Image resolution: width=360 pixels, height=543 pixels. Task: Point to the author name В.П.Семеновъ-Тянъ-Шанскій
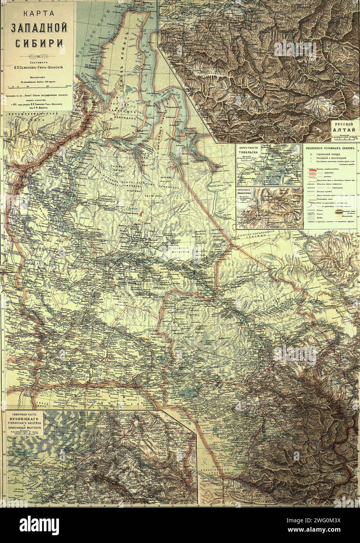point(39,67)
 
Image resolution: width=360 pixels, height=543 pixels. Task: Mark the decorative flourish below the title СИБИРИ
point(39,53)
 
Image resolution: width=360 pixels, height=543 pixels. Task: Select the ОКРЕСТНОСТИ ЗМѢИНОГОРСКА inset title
point(250,194)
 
